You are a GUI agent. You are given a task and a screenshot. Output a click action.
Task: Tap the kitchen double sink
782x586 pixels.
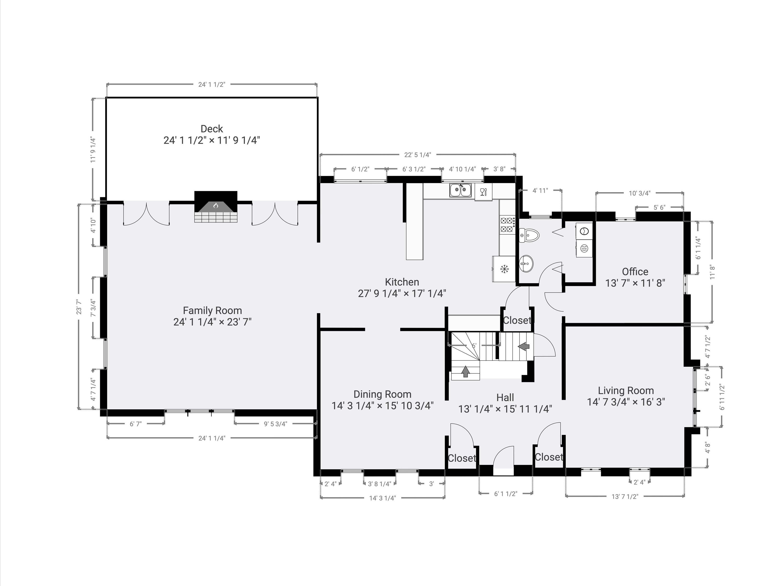(x=461, y=190)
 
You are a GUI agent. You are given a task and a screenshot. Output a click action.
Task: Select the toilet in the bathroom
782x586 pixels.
(x=529, y=235)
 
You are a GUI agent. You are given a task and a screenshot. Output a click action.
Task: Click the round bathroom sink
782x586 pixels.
(x=526, y=264)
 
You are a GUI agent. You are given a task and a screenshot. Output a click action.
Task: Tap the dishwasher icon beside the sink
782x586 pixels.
(x=483, y=192)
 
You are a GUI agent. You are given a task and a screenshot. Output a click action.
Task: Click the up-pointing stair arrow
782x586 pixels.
(x=466, y=371)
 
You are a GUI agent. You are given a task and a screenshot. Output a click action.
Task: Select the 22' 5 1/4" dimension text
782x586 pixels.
(x=418, y=155)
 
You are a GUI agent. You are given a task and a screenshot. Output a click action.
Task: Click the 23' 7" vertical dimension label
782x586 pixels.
(x=79, y=307)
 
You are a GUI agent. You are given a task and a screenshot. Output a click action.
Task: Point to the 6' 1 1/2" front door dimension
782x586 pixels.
(x=506, y=493)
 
